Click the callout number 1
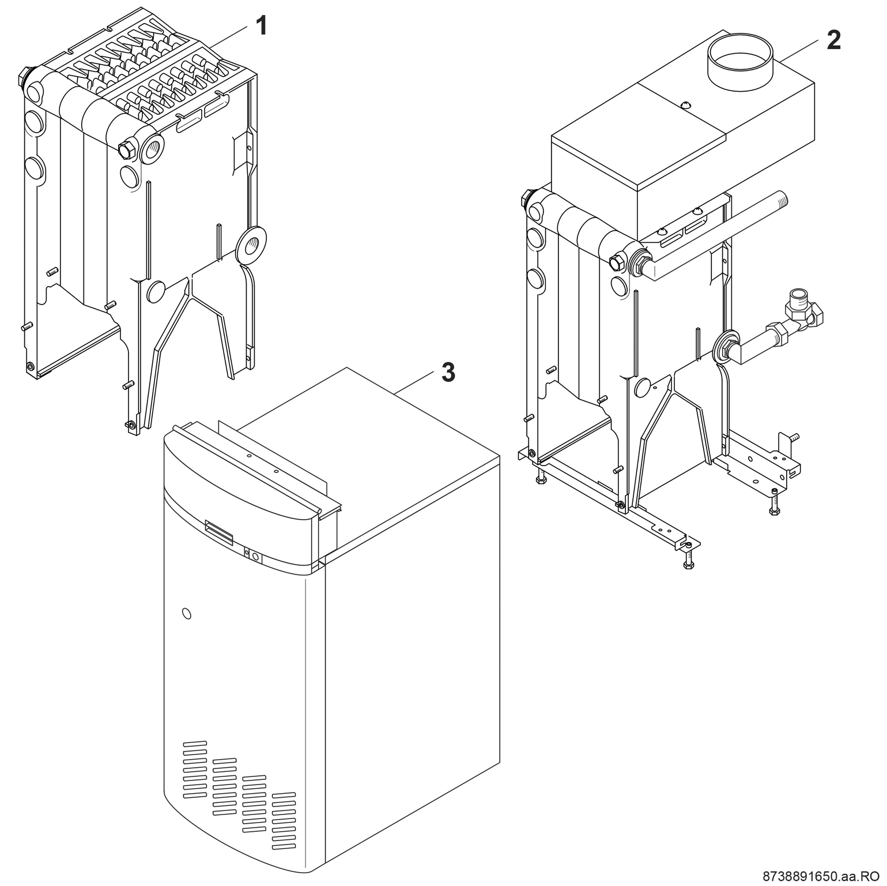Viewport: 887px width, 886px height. coord(261,26)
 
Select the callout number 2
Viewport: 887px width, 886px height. coord(833,40)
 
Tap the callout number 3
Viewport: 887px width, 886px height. coord(448,373)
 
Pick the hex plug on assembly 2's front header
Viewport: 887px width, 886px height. coord(616,262)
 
